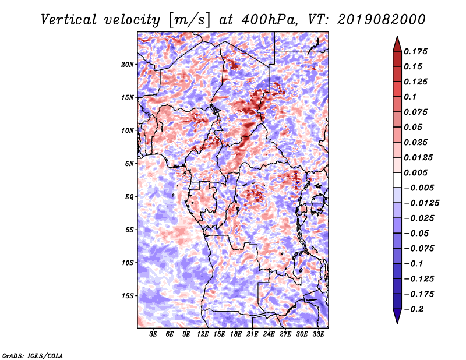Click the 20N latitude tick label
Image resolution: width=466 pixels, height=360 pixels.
tap(128, 65)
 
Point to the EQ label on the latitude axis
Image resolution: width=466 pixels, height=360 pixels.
tap(129, 197)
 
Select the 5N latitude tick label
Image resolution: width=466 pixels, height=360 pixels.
tap(129, 164)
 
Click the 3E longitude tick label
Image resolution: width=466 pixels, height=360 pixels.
tap(153, 334)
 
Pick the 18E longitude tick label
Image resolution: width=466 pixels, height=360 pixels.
tap(236, 334)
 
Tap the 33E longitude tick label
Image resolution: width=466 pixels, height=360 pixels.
tap(318, 334)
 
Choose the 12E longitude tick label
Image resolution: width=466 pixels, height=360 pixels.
tap(203, 334)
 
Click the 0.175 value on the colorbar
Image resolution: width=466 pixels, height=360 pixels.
tap(415, 51)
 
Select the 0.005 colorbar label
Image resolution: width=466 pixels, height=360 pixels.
tap(415, 172)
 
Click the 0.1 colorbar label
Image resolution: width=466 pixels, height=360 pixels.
tap(410, 97)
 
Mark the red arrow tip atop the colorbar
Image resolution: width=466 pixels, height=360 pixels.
tap(397, 36)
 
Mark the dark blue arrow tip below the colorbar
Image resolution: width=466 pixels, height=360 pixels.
tap(397, 323)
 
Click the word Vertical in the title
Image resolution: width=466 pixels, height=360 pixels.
tap(69, 20)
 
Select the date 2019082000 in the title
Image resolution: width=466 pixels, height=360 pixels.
tap(382, 20)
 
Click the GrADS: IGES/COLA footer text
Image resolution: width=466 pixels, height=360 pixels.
tap(33, 356)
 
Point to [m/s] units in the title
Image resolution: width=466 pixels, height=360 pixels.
tap(189, 20)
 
